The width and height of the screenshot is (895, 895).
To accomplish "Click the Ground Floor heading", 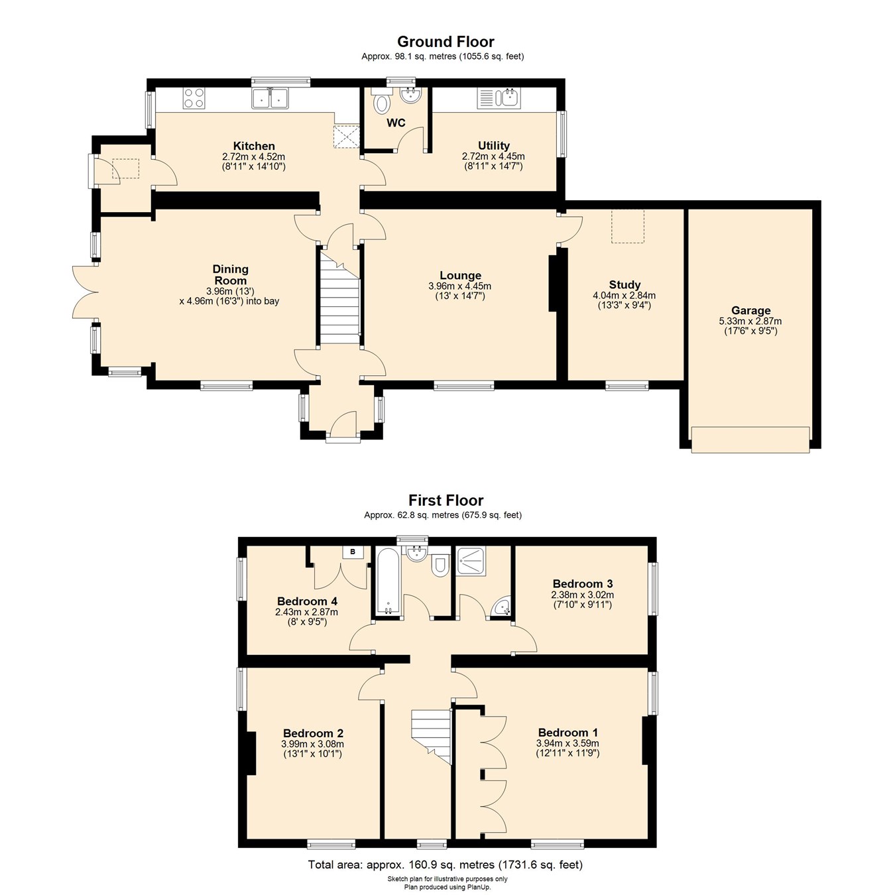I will [x=446, y=42].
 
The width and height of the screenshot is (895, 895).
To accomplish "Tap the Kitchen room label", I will [x=254, y=146].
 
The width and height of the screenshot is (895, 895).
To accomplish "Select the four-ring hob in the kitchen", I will [x=194, y=98].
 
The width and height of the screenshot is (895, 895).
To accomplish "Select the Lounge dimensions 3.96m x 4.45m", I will [x=460, y=286].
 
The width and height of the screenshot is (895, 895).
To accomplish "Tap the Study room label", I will [x=625, y=285].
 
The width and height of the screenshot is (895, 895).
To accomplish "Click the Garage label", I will [x=750, y=310].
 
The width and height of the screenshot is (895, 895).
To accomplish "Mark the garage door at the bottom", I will [x=750, y=440].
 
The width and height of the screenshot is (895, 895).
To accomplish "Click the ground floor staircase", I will [x=339, y=298].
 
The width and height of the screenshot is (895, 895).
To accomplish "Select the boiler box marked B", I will [x=353, y=552].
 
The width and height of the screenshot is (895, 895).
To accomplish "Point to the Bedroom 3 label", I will [x=582, y=583].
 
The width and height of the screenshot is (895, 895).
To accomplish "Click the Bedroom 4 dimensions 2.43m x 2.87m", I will [x=306, y=612].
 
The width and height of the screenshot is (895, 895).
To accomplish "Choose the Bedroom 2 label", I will [x=313, y=733].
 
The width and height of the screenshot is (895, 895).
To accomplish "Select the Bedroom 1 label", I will [x=567, y=733].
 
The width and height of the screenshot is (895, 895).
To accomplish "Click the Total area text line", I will [x=446, y=865].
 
